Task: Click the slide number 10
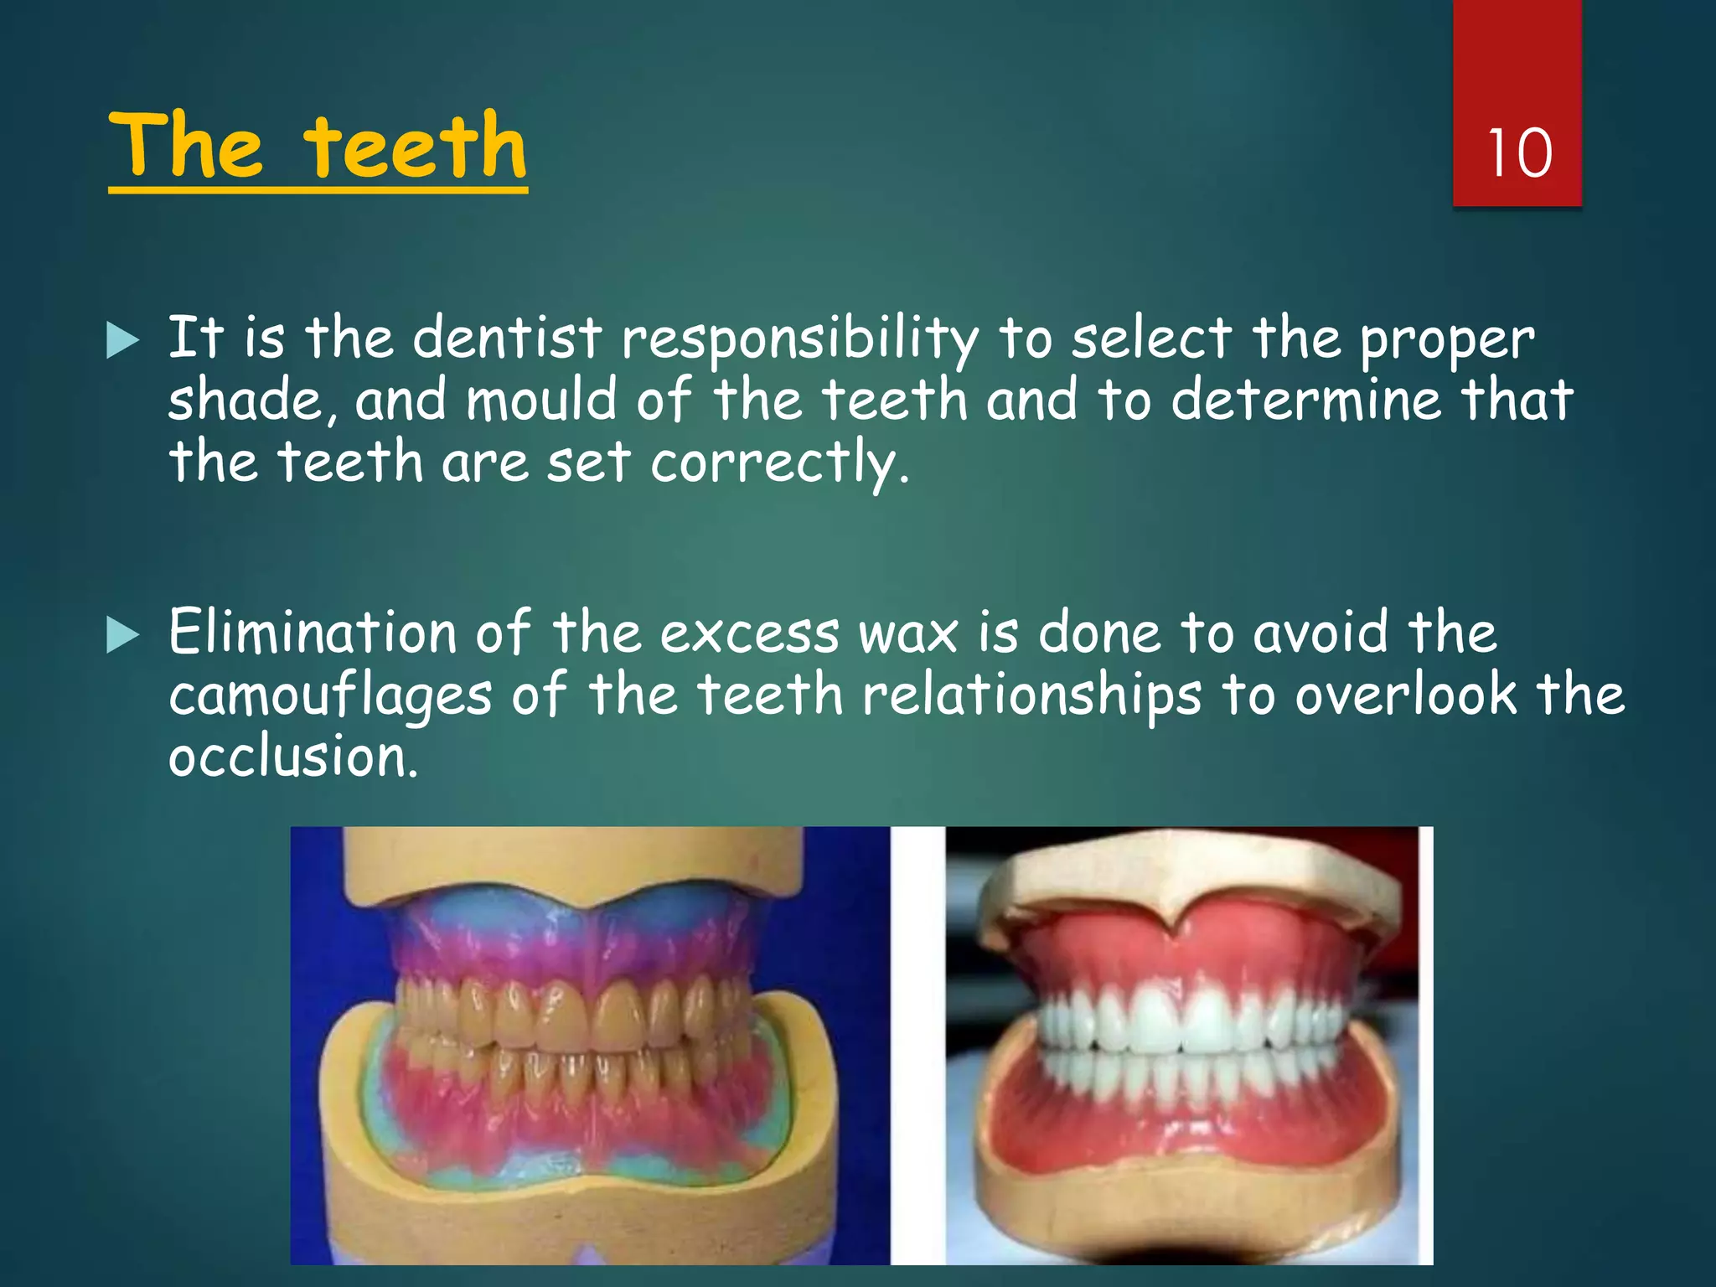click(1519, 153)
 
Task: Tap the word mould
click(540, 400)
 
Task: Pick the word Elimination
click(312, 632)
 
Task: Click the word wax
click(907, 633)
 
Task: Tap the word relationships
click(1031, 695)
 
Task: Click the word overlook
click(1406, 695)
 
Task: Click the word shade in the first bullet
click(244, 400)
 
